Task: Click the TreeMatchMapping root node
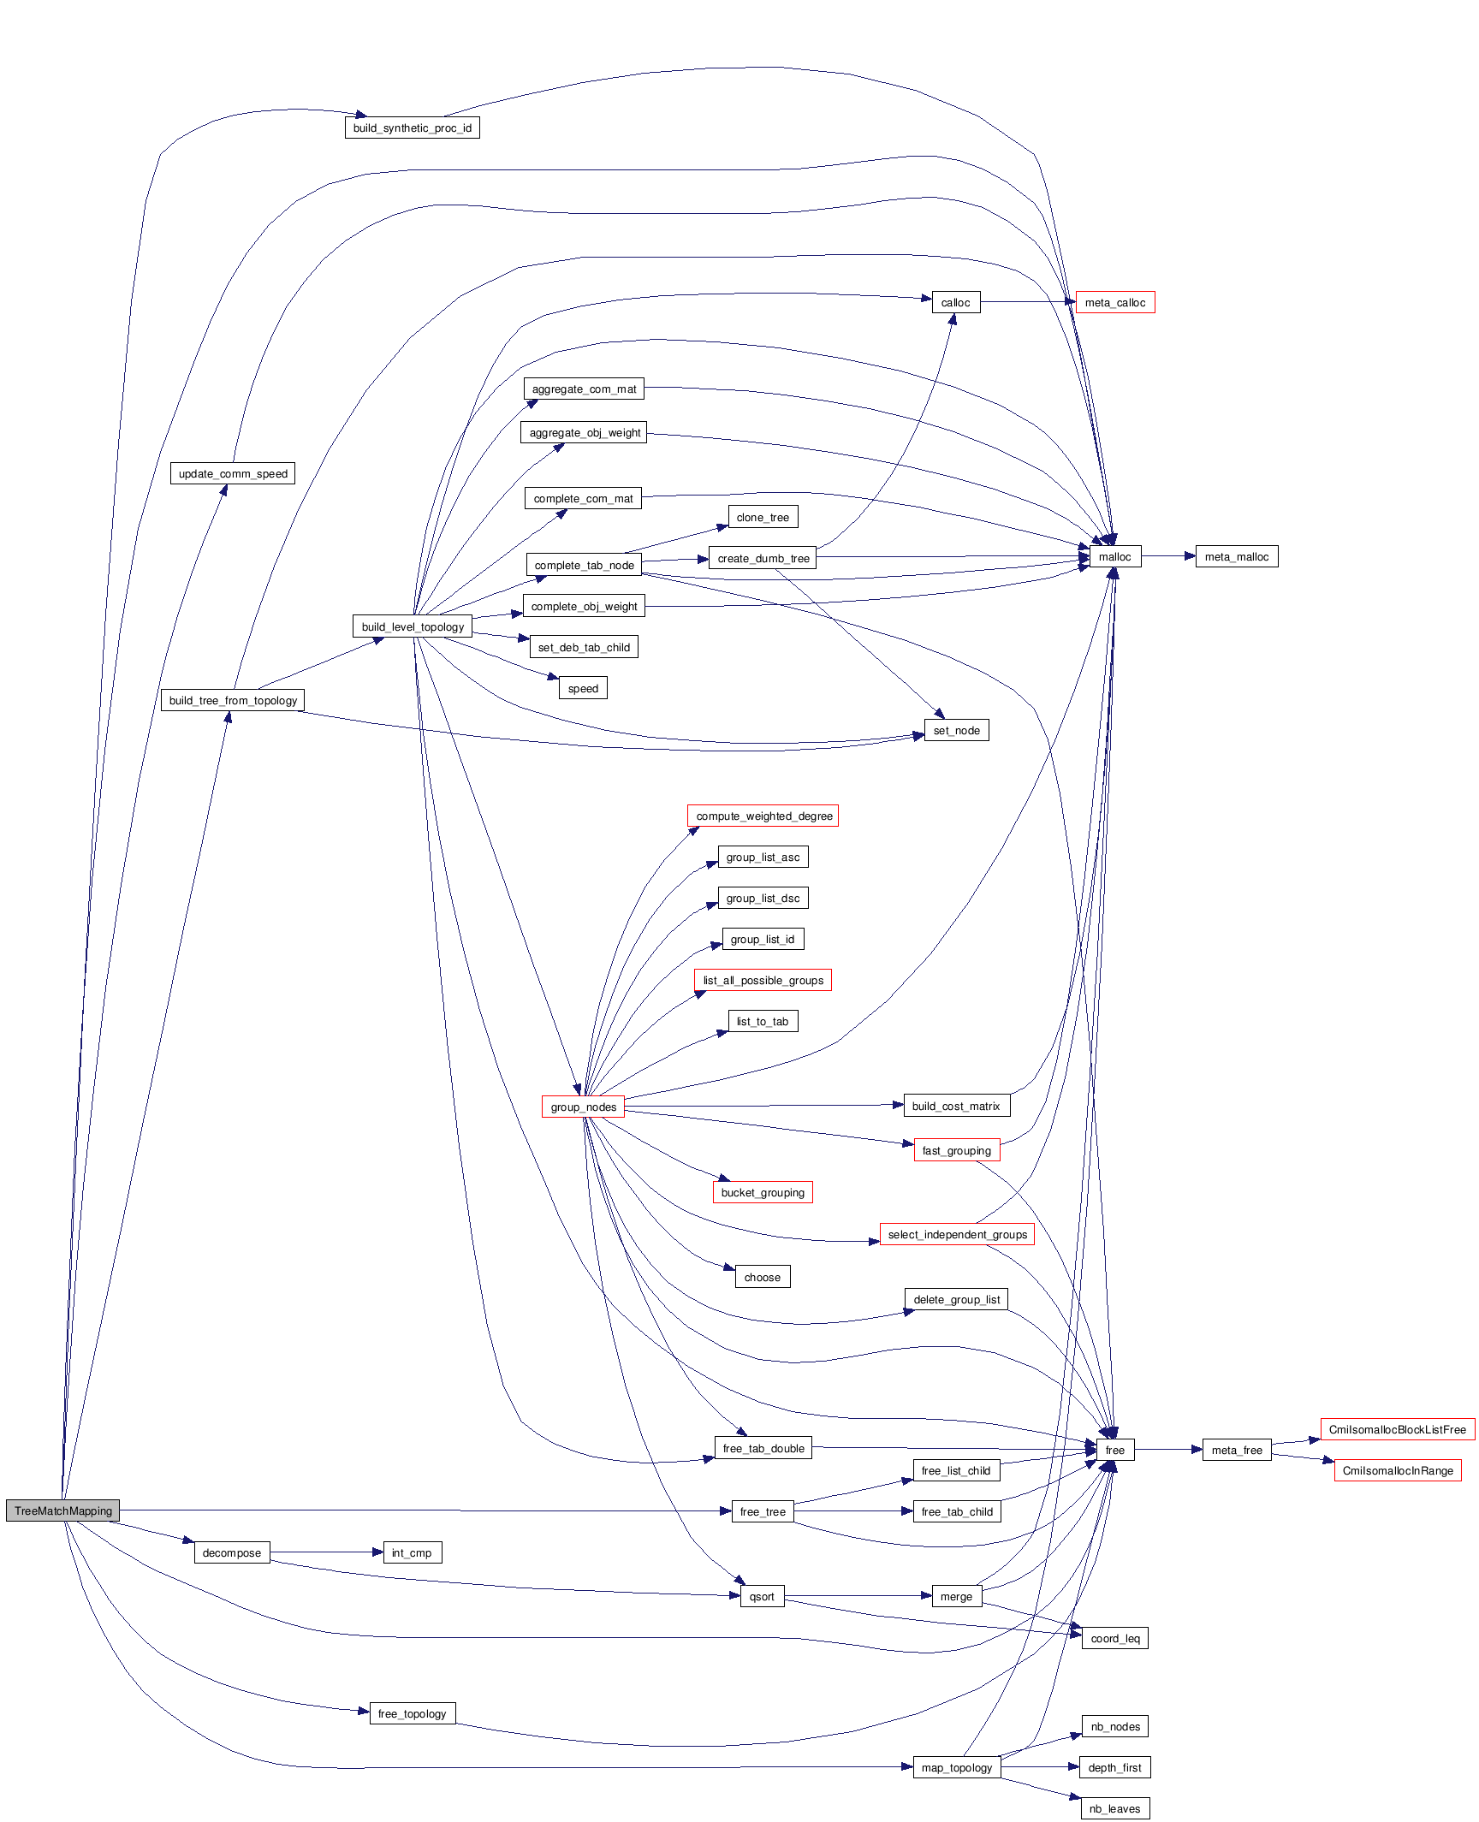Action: tap(62, 1510)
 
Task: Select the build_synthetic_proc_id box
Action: tap(412, 128)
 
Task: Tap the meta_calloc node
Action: tap(1114, 302)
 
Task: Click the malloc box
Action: tap(1114, 556)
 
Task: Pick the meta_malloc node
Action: tap(1236, 556)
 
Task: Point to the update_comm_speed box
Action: tap(233, 473)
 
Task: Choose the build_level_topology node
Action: tap(413, 626)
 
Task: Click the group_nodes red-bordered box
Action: tap(583, 1107)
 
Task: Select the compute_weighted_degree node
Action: tap(763, 816)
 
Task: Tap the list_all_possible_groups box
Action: tap(763, 980)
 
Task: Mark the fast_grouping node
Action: tap(956, 1150)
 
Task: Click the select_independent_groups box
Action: tap(957, 1234)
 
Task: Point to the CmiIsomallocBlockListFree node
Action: tap(1397, 1429)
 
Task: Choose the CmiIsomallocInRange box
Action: tap(1397, 1470)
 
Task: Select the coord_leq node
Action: tap(1114, 1638)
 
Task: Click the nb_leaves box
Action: tap(1114, 1808)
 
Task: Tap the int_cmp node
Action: tap(412, 1552)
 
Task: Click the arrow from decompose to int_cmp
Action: tap(325, 1552)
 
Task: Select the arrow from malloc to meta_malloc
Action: tap(1167, 556)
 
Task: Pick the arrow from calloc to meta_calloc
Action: tap(1027, 302)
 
